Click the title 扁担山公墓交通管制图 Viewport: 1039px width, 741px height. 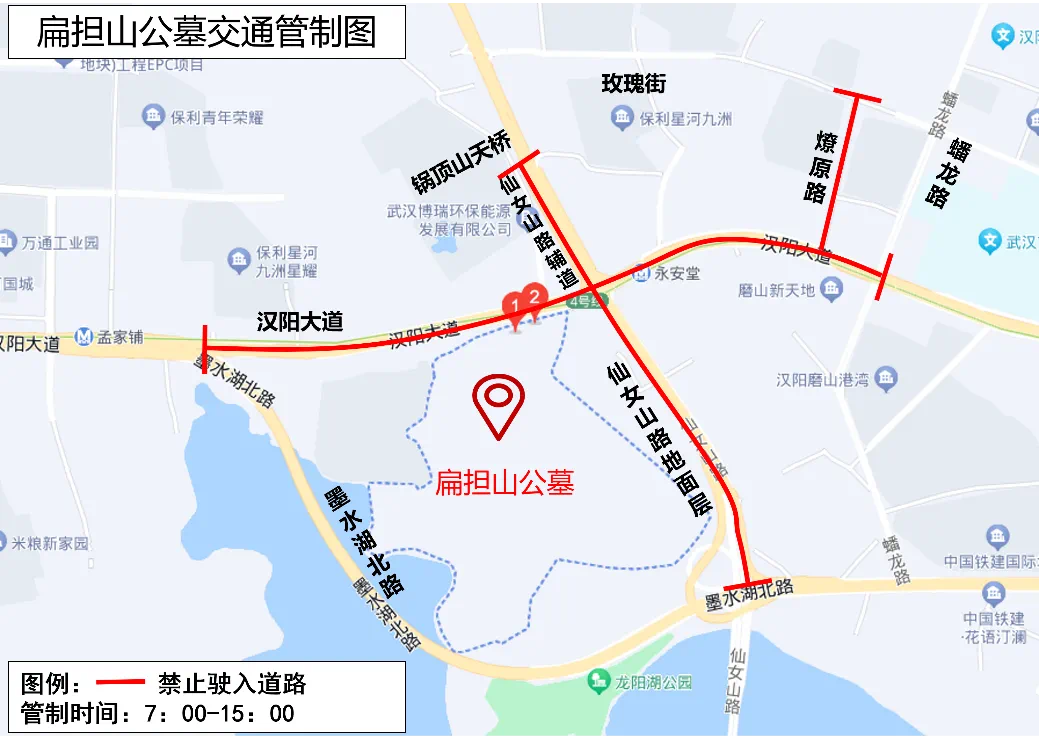206,33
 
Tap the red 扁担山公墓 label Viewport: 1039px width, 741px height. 504,484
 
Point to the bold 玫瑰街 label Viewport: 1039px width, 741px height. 633,84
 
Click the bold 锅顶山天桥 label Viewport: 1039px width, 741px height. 461,163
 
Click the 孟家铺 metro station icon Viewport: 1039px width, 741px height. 86,337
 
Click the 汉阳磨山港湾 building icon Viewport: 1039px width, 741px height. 886,379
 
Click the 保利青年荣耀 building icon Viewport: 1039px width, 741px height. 153,117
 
